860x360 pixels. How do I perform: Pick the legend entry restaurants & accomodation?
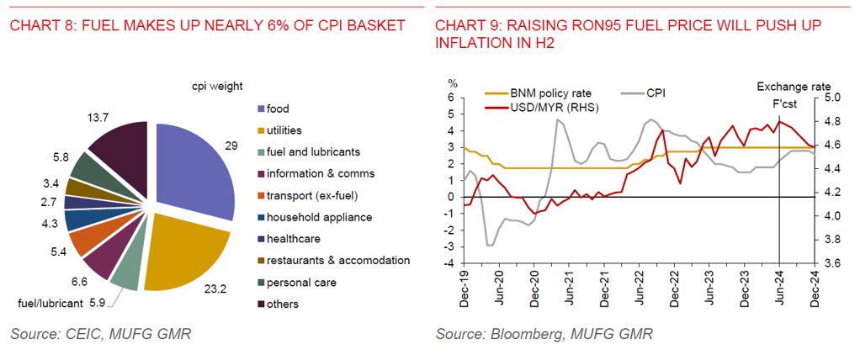pyautogui.click(x=337, y=260)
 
